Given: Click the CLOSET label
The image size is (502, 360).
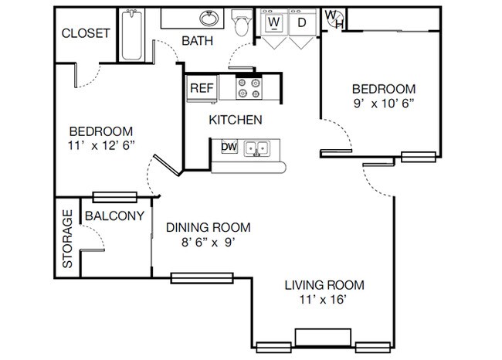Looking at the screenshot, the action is (x=86, y=33).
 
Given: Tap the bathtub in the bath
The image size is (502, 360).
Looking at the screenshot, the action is (x=131, y=35).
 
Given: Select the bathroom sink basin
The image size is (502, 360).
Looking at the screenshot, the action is (x=209, y=19).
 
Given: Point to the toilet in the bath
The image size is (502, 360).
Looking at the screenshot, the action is (x=242, y=22).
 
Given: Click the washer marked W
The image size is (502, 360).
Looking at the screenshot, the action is (x=274, y=22).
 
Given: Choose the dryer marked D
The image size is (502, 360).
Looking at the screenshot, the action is (x=302, y=22).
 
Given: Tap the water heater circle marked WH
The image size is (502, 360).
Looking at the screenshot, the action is (x=334, y=19).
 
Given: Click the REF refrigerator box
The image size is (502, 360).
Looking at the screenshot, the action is (x=202, y=88).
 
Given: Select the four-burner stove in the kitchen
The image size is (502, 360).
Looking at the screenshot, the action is (x=249, y=88).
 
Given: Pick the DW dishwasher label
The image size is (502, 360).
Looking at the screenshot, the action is (x=229, y=147).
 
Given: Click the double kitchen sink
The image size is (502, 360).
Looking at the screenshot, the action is (x=256, y=148).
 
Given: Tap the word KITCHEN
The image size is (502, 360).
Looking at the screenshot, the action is (x=236, y=120).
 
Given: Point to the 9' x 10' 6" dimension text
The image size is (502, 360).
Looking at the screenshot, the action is (x=384, y=104).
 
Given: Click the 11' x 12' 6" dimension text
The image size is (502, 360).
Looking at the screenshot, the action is (x=101, y=146).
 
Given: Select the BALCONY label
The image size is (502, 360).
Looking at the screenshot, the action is (x=114, y=216).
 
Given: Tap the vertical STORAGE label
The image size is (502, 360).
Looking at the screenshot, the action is (x=67, y=239).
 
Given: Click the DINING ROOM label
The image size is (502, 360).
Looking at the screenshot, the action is (x=209, y=227).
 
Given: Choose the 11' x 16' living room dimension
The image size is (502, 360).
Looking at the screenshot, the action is (x=324, y=300).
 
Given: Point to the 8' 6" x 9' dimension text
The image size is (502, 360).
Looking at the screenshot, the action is (x=209, y=243).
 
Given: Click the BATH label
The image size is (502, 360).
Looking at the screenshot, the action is (x=198, y=41).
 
